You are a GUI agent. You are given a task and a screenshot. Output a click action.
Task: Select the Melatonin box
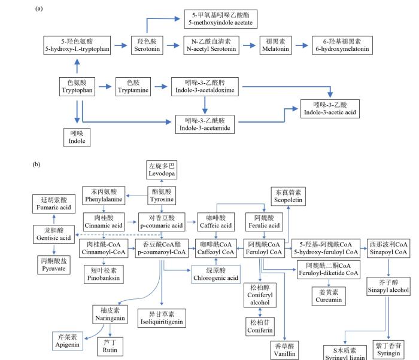[275, 45]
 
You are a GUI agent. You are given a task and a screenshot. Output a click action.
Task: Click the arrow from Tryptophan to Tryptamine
[104, 87]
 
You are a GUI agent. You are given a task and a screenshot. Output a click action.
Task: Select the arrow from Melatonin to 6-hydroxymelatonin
[302, 45]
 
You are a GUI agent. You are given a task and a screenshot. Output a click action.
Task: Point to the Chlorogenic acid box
[216, 274]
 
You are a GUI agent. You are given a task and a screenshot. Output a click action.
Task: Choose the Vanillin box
[285, 350]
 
